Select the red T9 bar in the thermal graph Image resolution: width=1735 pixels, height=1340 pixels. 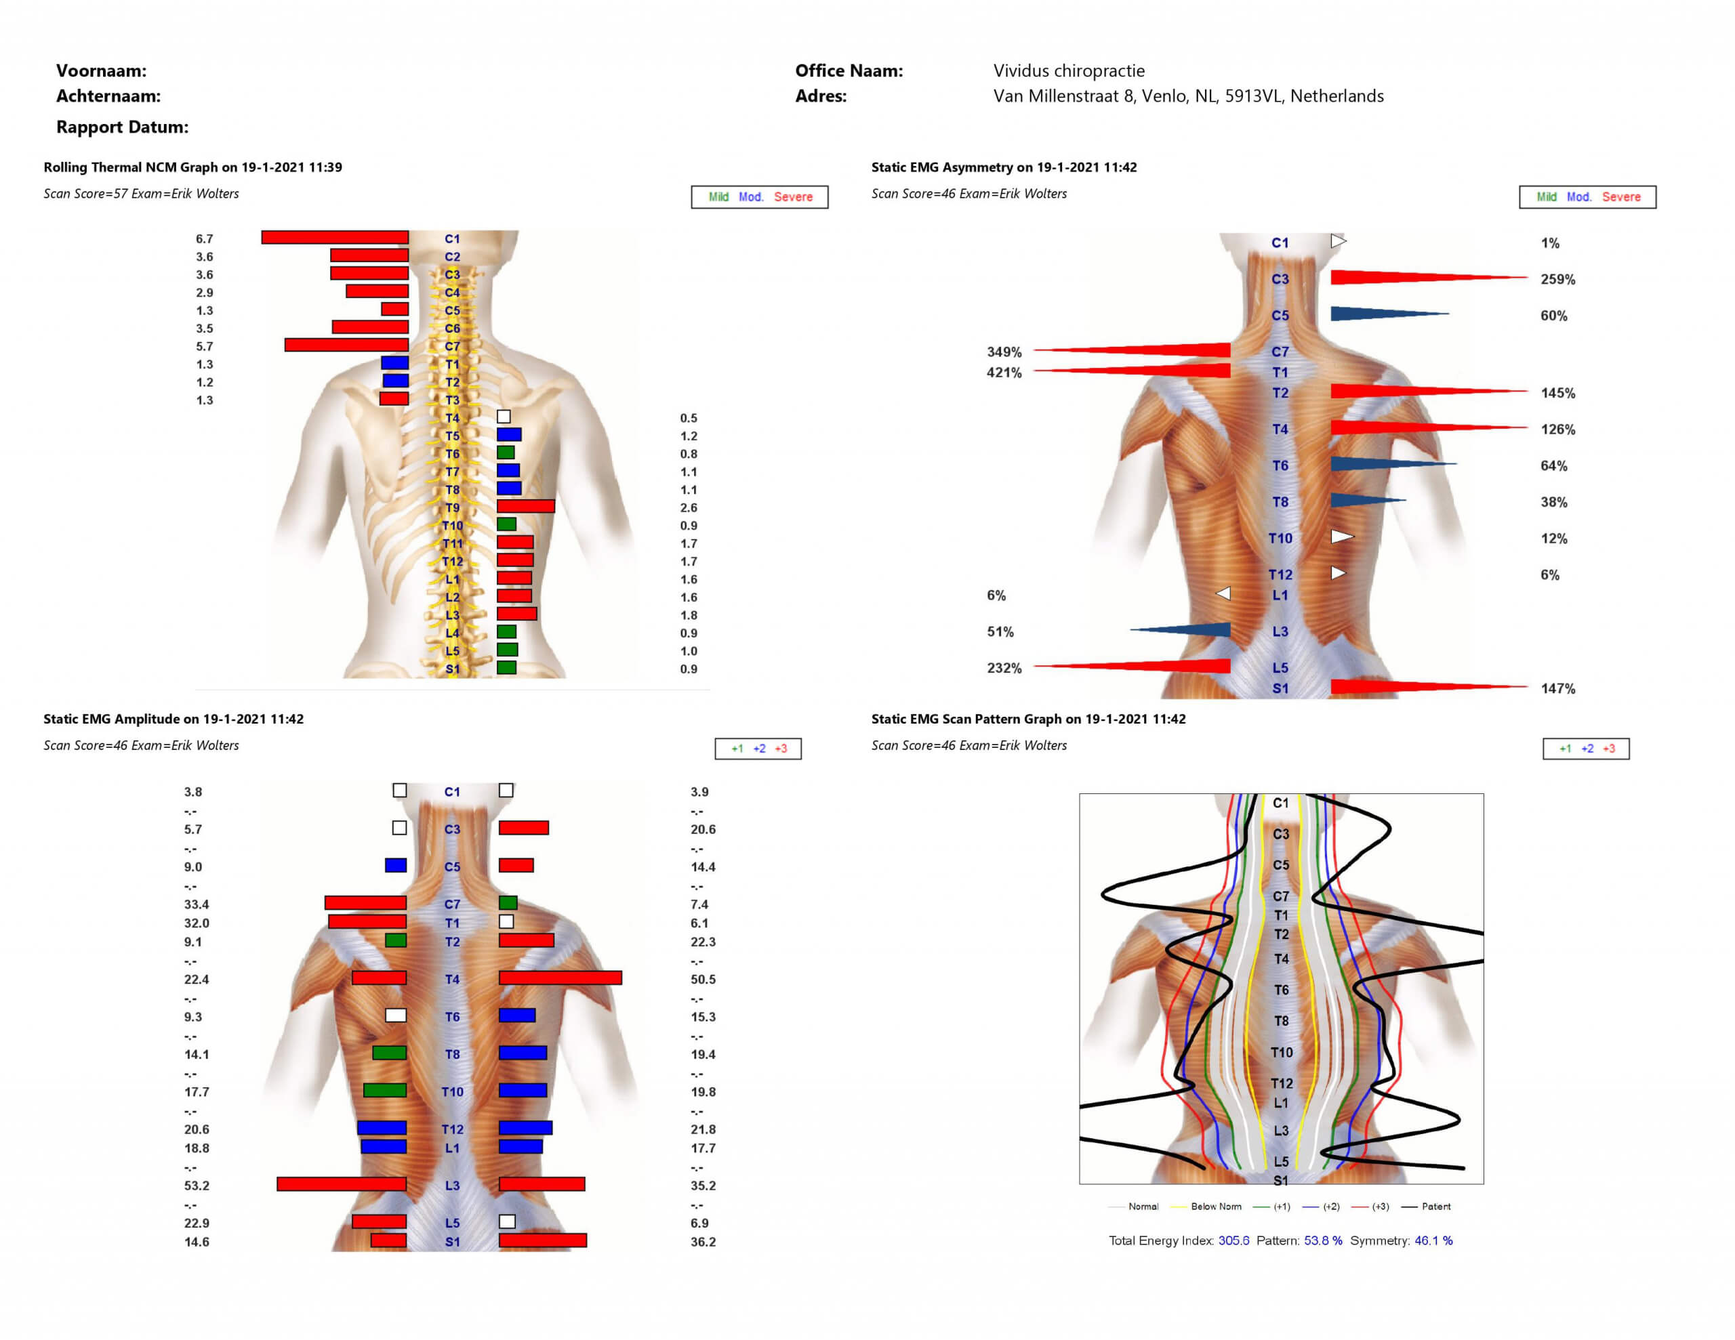[525, 506]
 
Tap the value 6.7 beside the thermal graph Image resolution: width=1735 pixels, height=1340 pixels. [204, 238]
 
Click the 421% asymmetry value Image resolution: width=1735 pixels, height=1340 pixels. [1004, 373]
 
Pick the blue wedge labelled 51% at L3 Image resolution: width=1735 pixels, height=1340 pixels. [1181, 630]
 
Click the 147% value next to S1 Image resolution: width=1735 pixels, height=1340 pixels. [1558, 689]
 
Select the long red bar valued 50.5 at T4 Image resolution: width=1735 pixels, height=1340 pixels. [560, 978]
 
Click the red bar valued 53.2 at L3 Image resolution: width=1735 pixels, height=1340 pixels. [342, 1184]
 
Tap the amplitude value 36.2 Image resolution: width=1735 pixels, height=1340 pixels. [703, 1242]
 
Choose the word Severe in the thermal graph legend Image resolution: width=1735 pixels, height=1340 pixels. [793, 197]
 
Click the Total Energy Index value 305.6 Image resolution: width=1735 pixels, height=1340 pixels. [1233, 1240]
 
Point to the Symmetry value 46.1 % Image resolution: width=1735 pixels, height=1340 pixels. [1433, 1240]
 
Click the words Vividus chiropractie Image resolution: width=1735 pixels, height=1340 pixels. [1069, 70]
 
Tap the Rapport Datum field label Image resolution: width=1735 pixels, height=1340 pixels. [123, 127]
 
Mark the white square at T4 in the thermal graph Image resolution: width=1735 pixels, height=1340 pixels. [504, 416]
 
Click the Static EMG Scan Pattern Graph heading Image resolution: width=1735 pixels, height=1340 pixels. [1028, 719]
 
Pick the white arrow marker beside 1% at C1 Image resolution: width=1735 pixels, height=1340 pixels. [1339, 240]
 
